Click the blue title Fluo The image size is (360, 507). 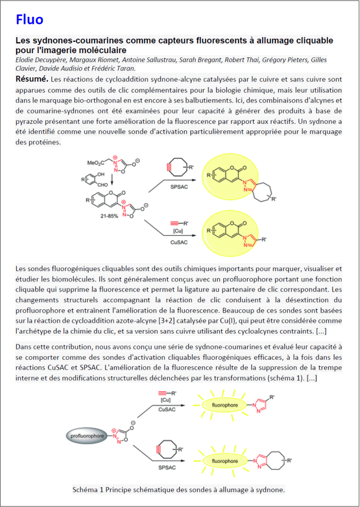(30, 19)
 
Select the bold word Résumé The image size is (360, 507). (32, 79)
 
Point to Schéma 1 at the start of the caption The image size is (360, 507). (88, 490)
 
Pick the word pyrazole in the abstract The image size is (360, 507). (30, 121)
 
